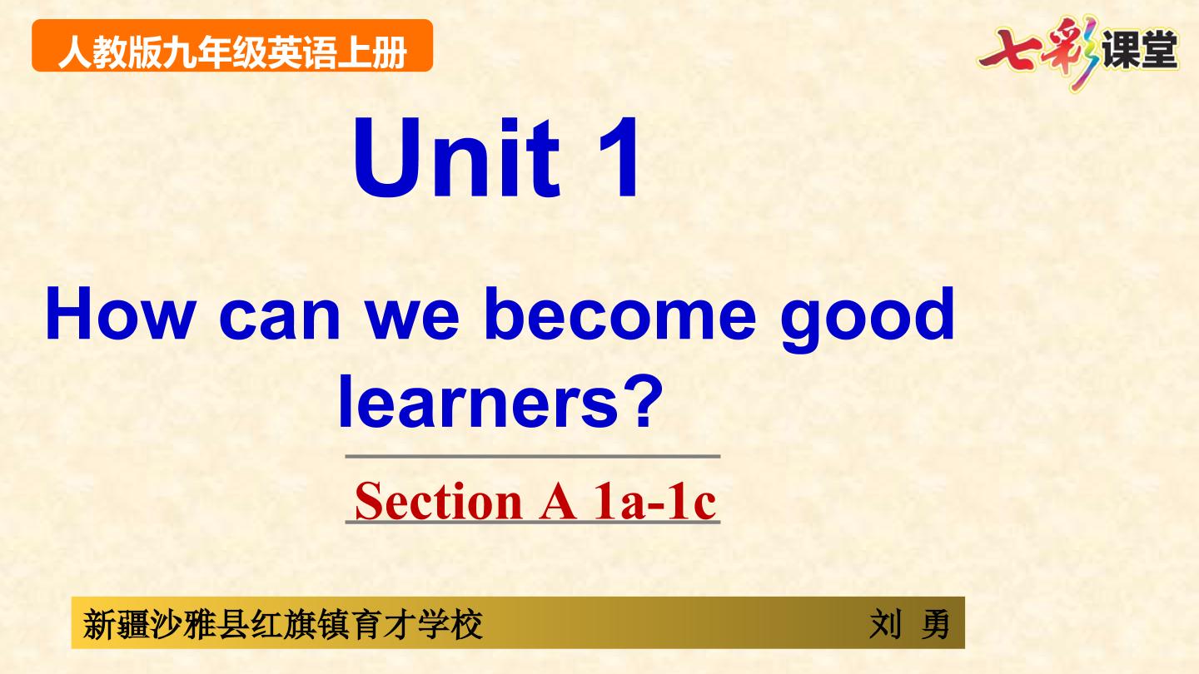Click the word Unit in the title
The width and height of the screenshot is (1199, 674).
[456, 157]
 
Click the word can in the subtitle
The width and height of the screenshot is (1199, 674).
[280, 320]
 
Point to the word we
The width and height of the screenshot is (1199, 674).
[413, 320]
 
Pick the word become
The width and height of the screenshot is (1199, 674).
[619, 314]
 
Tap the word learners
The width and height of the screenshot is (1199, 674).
[479, 401]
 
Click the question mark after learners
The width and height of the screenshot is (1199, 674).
[644, 401]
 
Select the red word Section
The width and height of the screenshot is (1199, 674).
[438, 501]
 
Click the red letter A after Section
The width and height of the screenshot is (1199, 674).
[558, 501]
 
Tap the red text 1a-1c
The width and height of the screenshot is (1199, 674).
[655, 501]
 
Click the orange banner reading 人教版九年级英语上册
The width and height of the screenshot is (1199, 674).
[232, 46]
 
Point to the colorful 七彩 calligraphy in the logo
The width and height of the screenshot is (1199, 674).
[1038, 52]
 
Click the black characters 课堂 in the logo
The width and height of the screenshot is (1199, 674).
[1140, 50]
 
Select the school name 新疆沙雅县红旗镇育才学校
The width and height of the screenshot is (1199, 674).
[283, 624]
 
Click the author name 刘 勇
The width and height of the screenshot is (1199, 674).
[909, 624]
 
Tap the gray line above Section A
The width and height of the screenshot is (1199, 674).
[533, 457]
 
